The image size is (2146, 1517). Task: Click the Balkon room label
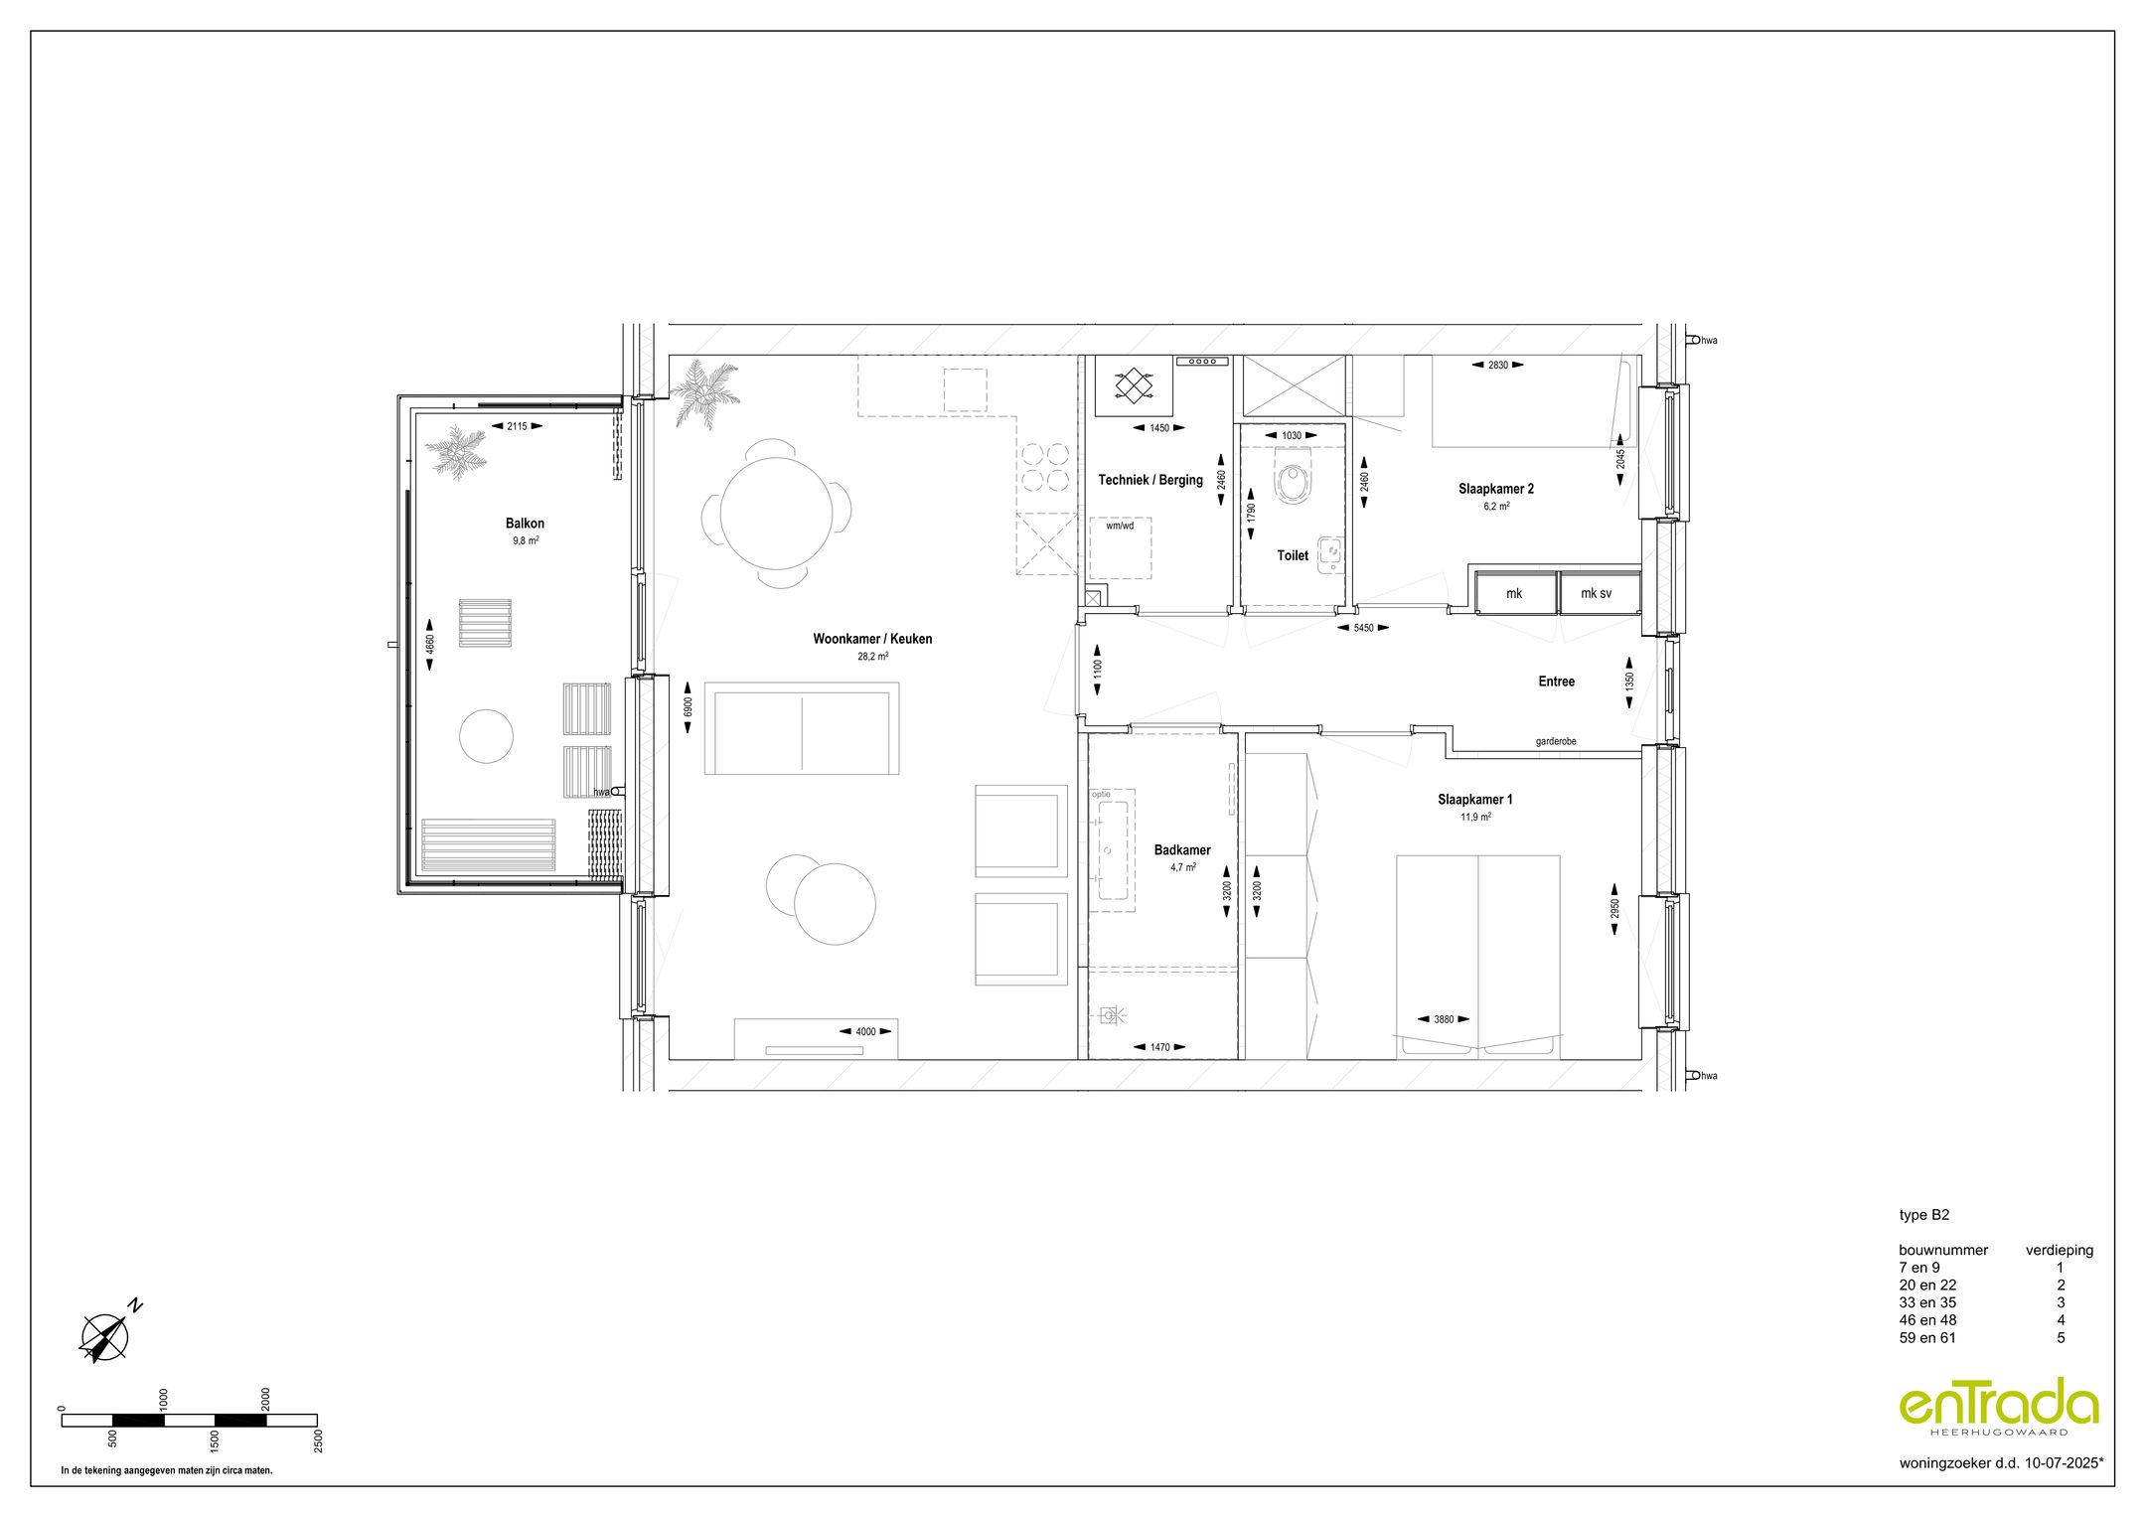coord(525,524)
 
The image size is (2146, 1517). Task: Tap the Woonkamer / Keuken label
coord(872,639)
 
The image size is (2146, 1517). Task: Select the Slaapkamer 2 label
coord(1495,489)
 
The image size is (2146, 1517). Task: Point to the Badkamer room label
coord(1182,850)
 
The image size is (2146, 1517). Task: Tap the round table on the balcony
coord(487,736)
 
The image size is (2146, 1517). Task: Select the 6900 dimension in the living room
coord(688,706)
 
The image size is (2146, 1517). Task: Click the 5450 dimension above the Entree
coord(1363,628)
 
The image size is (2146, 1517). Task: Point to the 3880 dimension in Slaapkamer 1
coord(1444,1019)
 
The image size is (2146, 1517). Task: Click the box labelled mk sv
coord(1598,593)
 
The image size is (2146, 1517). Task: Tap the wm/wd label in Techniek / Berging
coord(1120,527)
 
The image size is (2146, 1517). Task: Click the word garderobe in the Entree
coord(1555,741)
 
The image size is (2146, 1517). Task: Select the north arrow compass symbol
coord(105,1336)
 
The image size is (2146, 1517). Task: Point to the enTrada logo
coord(1999,1406)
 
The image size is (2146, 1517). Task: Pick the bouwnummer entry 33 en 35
coord(1927,1302)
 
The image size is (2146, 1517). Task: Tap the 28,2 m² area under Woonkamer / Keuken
coord(872,657)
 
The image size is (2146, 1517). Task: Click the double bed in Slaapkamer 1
coord(1477,954)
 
